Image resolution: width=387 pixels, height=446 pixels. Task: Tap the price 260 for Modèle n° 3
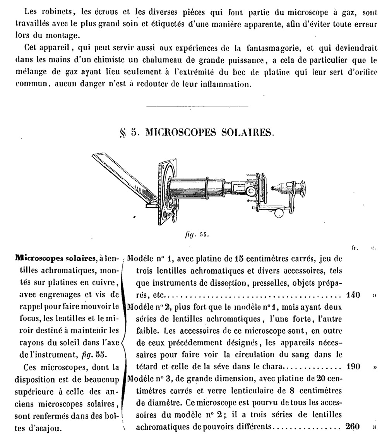pos(352,427)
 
